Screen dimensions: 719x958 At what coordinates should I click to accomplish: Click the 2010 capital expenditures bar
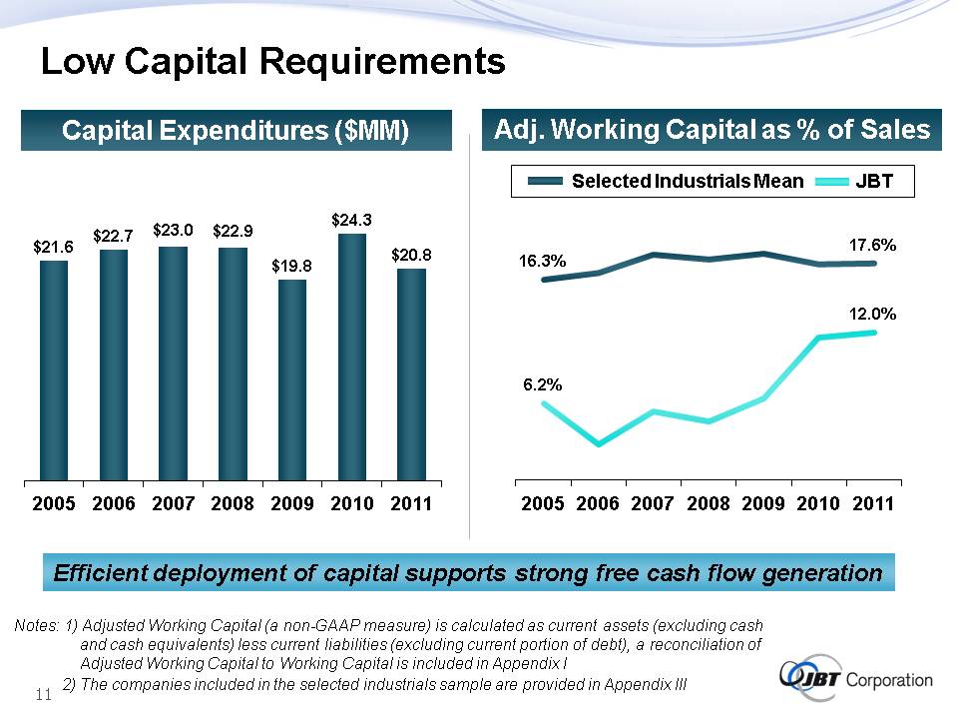(352, 357)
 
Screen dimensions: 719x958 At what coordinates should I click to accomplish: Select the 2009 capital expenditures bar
(292, 379)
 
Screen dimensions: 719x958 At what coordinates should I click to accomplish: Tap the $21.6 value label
(53, 245)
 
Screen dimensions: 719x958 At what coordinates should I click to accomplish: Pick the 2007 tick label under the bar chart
(174, 504)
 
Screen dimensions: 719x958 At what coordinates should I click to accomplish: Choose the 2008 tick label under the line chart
(709, 504)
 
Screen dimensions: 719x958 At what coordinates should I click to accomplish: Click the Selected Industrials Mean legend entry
(687, 181)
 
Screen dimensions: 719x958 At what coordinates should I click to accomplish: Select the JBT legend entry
(873, 181)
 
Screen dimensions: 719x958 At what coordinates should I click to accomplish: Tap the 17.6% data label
(872, 244)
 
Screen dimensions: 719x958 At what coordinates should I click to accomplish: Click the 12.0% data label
(872, 314)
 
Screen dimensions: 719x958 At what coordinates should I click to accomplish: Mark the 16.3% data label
(543, 261)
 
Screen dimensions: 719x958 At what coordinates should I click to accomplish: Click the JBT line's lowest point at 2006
(598, 444)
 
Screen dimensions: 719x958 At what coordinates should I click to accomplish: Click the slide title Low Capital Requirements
(272, 63)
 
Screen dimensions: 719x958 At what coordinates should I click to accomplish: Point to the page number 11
(43, 695)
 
